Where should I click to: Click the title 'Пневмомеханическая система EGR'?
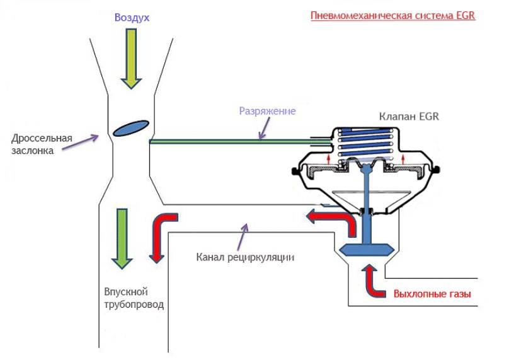(392, 15)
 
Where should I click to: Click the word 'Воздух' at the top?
(132, 18)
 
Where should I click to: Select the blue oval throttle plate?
(131, 127)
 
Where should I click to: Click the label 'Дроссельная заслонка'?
(42, 144)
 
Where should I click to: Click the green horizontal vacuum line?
(233, 141)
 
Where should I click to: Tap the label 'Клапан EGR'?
(409, 117)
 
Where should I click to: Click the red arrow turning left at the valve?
(332, 219)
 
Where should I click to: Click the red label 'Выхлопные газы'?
(432, 294)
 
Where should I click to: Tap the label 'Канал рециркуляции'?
(245, 257)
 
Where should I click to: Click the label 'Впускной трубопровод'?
(134, 298)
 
